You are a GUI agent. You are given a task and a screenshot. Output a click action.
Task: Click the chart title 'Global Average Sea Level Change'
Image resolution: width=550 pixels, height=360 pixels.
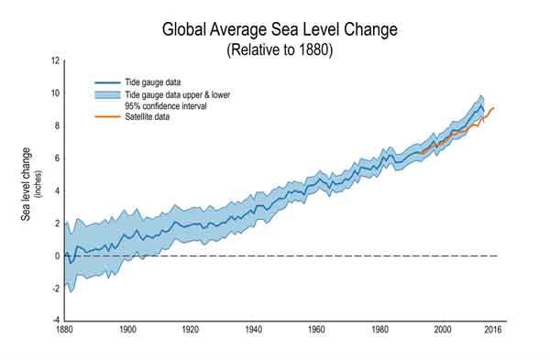pos(279,29)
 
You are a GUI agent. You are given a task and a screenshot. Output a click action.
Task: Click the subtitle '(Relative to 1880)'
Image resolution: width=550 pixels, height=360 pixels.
pos(279,49)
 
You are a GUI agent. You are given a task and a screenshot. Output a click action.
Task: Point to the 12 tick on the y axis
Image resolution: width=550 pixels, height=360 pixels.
pos(55,61)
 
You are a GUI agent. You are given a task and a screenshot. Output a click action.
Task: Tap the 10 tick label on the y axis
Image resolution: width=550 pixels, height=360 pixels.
pos(55,93)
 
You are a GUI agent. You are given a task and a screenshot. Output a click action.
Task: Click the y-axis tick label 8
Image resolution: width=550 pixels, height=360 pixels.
pos(57,126)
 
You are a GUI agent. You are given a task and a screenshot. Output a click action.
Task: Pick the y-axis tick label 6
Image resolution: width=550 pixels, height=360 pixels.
pos(57,158)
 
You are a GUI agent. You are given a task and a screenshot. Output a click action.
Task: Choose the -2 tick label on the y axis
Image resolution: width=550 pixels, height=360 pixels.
pos(55,289)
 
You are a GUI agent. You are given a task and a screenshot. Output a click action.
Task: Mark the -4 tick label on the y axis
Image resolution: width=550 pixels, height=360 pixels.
pos(55,322)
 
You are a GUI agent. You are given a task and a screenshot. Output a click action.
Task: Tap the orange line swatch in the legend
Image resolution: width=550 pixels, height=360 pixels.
pos(109,116)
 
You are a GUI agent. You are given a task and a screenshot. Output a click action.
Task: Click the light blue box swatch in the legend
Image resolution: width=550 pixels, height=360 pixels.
pos(109,94)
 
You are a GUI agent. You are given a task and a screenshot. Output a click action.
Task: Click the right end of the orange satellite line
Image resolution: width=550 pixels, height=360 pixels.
pos(493,108)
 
